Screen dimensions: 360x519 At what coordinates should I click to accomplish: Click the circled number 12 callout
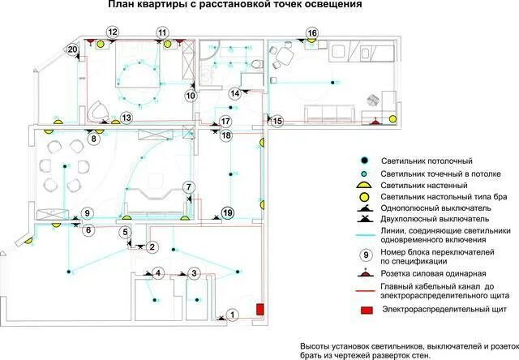[x=113, y=32]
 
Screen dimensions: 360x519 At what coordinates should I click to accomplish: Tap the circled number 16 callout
[x=312, y=33]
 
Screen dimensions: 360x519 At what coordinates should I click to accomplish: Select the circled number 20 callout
[x=73, y=50]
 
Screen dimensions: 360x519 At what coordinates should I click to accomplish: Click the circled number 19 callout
[x=228, y=212]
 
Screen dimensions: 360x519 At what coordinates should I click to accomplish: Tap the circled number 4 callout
[x=158, y=272]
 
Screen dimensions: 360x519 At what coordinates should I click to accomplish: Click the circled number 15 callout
[x=278, y=121]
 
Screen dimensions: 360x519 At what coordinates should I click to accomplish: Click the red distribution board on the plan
[x=261, y=309]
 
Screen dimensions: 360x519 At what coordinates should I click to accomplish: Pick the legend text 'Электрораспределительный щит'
[x=443, y=310]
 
